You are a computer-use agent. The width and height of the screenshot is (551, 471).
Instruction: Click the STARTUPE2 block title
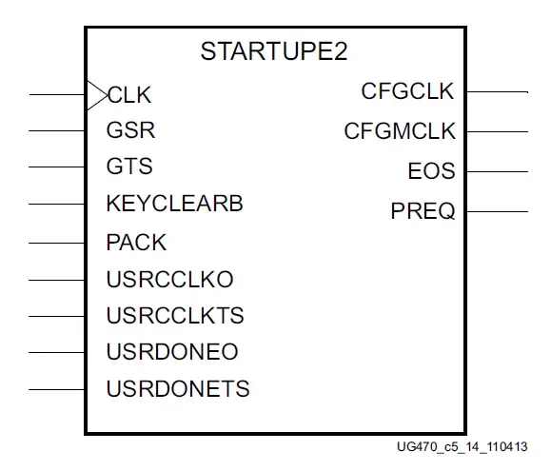point(274,51)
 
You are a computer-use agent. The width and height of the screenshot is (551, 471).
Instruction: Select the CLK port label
point(129,95)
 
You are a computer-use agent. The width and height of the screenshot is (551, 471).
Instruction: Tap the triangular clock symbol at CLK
point(97,95)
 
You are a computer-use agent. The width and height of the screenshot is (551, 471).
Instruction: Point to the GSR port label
point(130,130)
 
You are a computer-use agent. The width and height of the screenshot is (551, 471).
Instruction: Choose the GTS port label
point(129,167)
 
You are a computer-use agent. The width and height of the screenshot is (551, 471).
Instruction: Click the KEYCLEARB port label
point(174,204)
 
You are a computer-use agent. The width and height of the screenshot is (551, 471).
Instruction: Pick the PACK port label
point(136,243)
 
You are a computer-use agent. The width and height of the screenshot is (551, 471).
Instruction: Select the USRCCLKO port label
point(169,280)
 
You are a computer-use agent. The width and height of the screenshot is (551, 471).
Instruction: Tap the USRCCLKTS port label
point(175,315)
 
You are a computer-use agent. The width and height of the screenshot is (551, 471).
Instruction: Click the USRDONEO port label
point(172,351)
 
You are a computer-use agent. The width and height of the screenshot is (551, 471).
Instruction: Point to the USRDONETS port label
point(178,389)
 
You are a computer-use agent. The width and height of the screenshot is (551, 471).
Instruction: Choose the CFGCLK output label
point(407,91)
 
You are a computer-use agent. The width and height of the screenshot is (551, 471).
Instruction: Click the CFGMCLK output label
point(400,131)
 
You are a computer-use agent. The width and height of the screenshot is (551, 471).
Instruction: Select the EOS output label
point(431,171)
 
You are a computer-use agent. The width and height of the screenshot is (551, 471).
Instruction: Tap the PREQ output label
point(423,211)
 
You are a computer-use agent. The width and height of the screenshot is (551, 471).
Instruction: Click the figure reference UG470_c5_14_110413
point(462,447)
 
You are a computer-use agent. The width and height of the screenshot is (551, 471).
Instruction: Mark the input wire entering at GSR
point(57,131)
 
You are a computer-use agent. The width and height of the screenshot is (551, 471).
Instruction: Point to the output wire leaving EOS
point(498,172)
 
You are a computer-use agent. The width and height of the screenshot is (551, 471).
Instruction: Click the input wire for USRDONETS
point(57,389)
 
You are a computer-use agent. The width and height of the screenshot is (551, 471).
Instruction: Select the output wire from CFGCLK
point(498,92)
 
